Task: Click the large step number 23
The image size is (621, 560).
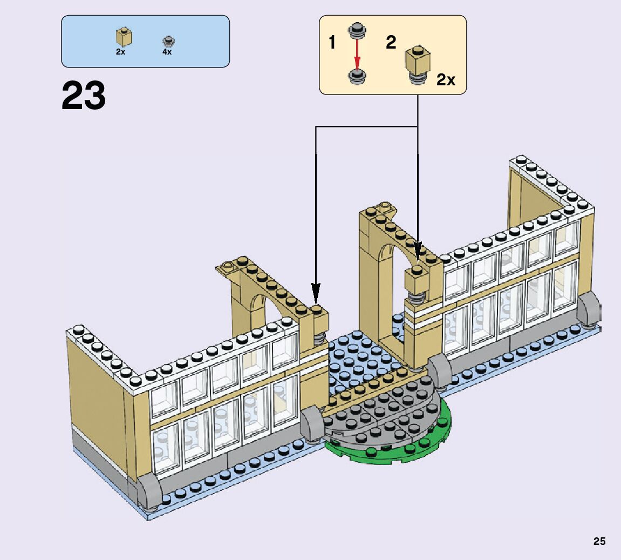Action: [x=84, y=96]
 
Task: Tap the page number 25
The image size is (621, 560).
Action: [x=599, y=541]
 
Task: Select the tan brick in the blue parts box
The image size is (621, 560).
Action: [x=124, y=37]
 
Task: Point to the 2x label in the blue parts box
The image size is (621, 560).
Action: [x=120, y=52]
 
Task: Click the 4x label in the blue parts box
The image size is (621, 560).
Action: [x=167, y=52]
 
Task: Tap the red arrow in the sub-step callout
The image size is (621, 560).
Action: [x=357, y=53]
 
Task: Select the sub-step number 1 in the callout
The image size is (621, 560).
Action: [x=332, y=43]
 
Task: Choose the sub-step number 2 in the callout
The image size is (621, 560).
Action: [x=391, y=42]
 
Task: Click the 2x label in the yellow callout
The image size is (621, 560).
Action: [x=446, y=80]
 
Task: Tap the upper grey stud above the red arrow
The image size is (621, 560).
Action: [x=357, y=29]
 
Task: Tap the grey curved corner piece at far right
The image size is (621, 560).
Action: [x=590, y=309]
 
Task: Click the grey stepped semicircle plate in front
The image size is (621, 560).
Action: [x=378, y=416]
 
